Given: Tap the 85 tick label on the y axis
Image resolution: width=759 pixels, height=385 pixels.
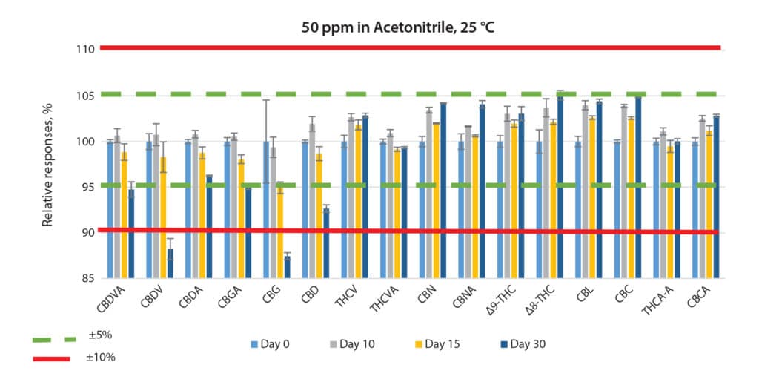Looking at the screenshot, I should pos(86,278).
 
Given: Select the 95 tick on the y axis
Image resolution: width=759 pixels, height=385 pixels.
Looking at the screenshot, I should pos(86,187).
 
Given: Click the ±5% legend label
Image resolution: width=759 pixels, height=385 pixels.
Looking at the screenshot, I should pos(99,335).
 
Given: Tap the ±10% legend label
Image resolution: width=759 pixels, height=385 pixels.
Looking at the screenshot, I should pos(101,358).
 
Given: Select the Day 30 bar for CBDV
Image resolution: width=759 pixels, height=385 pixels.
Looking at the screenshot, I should pos(170,263).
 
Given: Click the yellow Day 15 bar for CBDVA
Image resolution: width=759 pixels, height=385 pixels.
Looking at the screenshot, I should pos(124,215).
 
